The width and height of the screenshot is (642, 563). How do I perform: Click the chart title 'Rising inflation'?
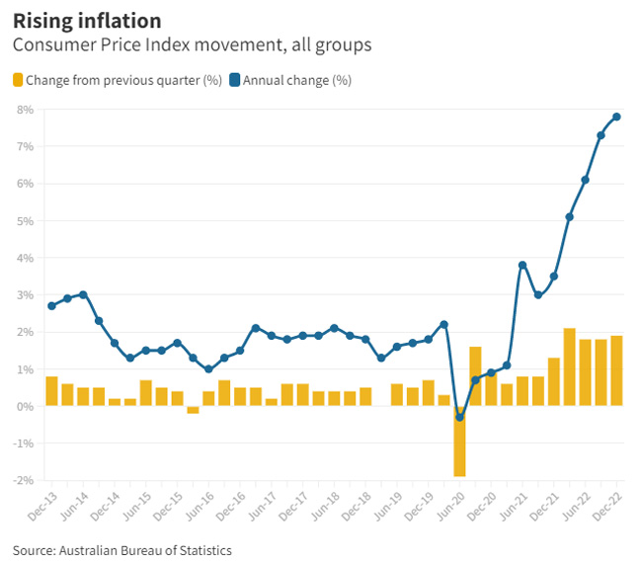87,20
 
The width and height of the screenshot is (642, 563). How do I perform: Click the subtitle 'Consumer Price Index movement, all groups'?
192,45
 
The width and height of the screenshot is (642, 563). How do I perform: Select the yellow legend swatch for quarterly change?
18,80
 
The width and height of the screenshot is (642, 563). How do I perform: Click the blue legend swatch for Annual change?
235,80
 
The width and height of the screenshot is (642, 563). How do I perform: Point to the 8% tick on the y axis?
26,109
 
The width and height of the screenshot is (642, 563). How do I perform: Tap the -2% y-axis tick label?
24,481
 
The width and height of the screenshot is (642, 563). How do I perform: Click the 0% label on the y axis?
26,406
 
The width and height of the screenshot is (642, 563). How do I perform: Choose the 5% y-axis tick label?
26,220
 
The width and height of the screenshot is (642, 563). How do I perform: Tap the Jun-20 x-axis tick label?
451,507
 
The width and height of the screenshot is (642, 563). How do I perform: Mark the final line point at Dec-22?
616,117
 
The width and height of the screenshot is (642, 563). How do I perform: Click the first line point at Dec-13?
51,306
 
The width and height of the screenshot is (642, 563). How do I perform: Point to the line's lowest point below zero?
459,417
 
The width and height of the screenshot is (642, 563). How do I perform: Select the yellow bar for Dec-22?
616,371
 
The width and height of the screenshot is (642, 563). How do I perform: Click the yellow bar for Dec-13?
51,391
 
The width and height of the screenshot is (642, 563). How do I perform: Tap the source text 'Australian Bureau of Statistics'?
145,549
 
